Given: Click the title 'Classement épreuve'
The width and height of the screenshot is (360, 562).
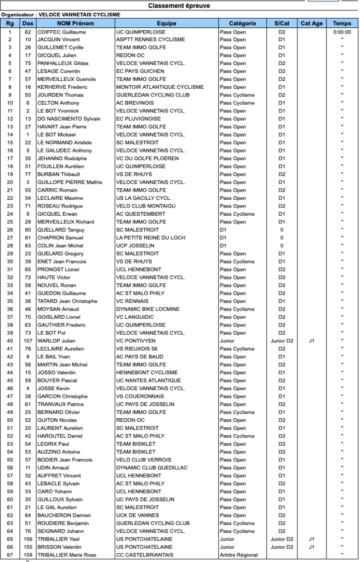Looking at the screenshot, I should (178, 5).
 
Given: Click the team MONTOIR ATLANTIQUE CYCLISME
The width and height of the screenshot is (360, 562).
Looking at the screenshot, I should (160, 87).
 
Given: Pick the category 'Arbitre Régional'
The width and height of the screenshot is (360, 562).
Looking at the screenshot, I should (239, 555).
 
